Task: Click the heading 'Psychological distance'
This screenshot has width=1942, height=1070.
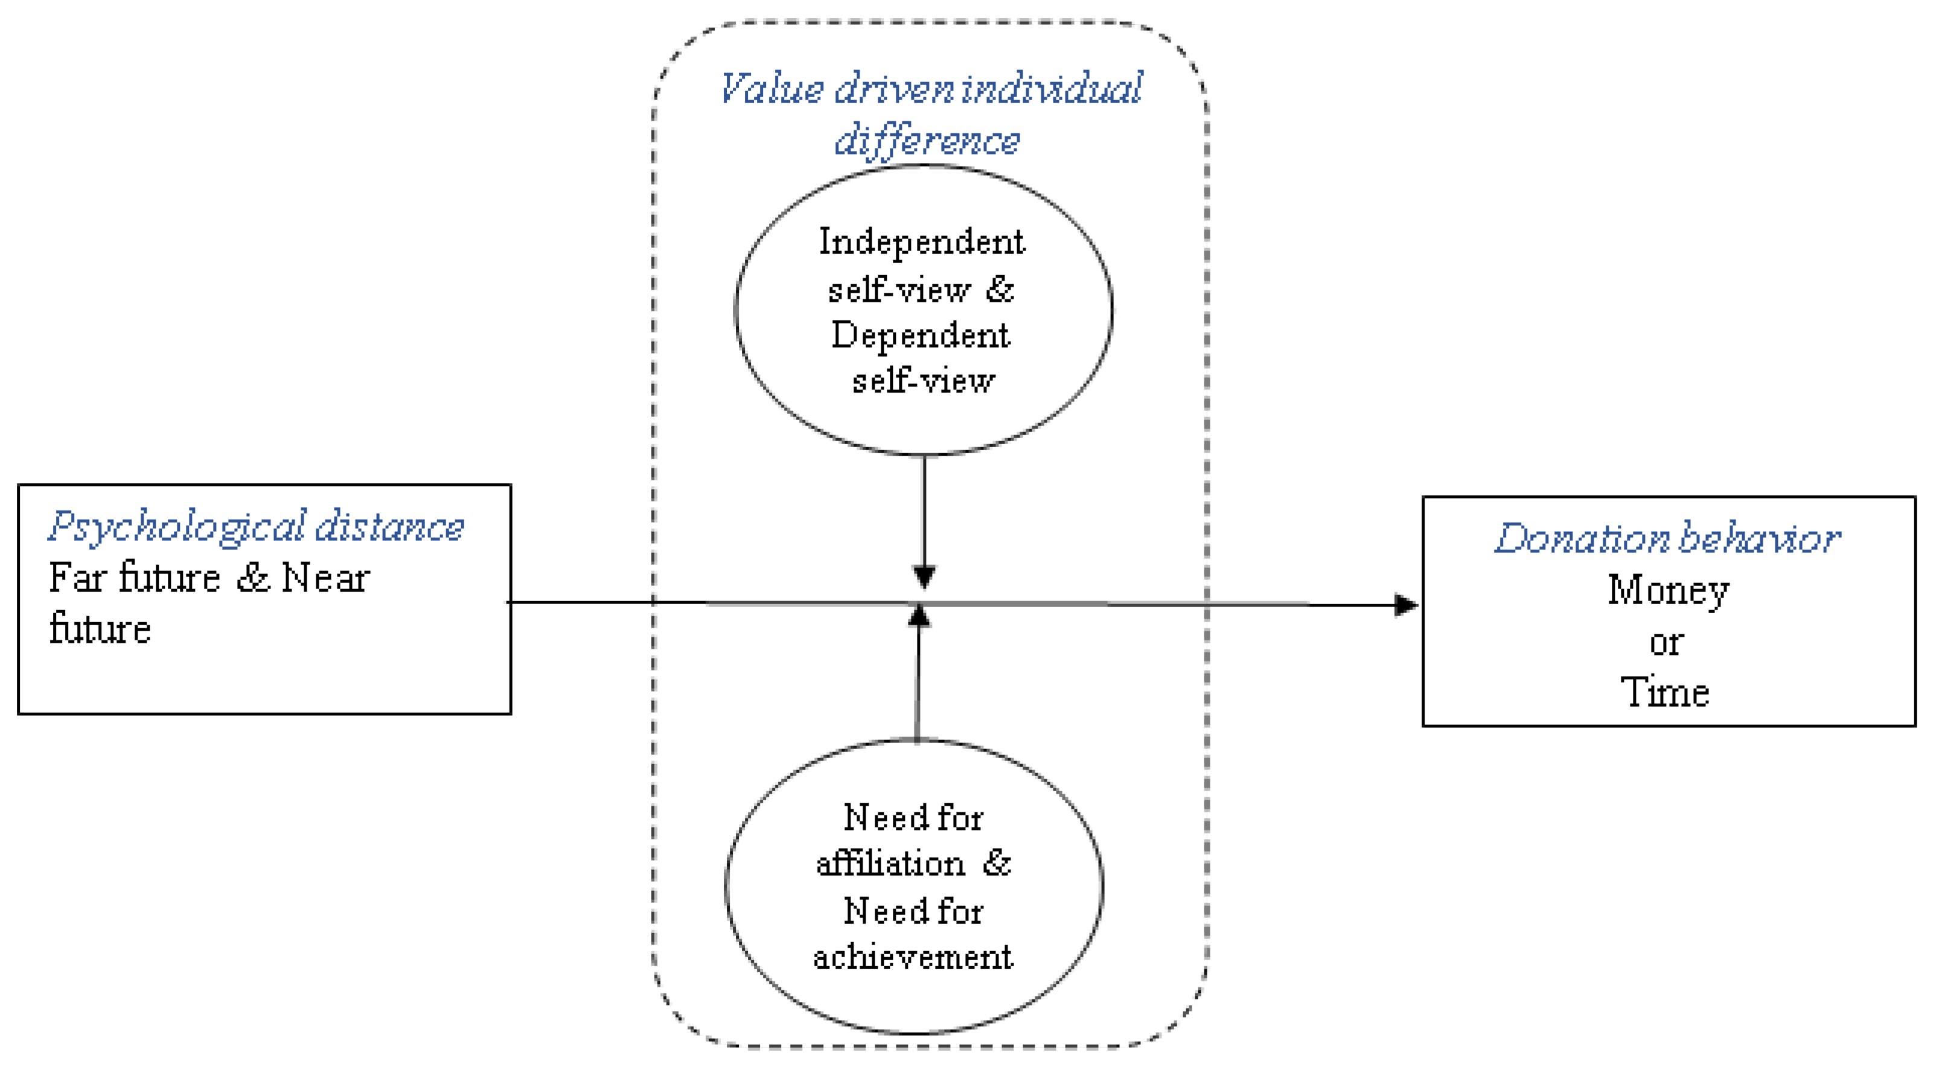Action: click(x=257, y=527)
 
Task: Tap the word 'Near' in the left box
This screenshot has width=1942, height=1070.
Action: click(x=325, y=579)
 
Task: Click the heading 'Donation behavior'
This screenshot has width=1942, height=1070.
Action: click(x=1667, y=538)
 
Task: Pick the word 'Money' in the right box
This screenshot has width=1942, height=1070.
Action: click(x=1667, y=590)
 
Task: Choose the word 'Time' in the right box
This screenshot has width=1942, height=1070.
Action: click(x=1664, y=692)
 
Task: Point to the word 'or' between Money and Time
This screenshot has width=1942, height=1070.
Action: click(x=1666, y=643)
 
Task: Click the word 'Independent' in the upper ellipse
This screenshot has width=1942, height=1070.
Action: click(x=922, y=243)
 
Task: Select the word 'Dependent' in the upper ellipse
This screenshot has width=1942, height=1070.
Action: click(x=920, y=336)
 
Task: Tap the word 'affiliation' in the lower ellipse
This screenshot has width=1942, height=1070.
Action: click(x=890, y=864)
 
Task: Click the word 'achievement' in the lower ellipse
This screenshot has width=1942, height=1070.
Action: click(x=913, y=957)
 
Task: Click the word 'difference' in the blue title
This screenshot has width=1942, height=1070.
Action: click(x=927, y=141)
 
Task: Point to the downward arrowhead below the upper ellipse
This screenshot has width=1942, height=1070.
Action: click(x=924, y=576)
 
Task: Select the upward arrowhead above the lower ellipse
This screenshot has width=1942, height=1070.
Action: click(x=918, y=616)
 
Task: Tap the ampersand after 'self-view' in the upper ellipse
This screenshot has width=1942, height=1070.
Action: click(x=1000, y=289)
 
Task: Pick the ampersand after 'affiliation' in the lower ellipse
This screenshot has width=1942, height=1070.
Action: click(x=997, y=863)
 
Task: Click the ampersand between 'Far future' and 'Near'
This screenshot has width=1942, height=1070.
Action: click(x=252, y=579)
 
